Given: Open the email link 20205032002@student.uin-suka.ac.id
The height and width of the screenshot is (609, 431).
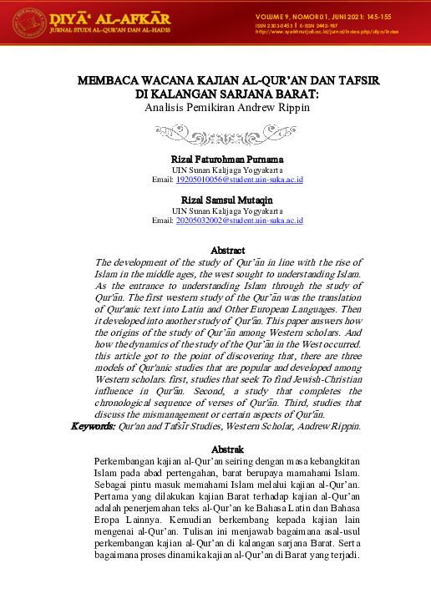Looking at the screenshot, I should coord(240,221).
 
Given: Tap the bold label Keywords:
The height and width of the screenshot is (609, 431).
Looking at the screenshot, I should coord(92,426).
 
